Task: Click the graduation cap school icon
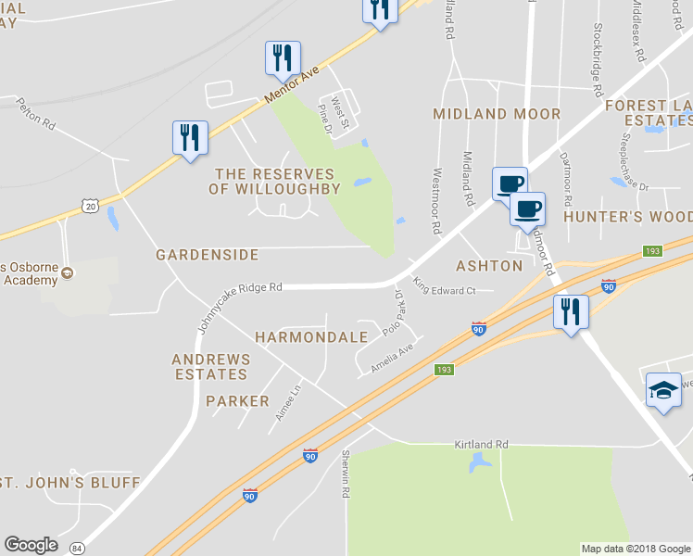click(x=663, y=389)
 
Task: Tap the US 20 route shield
click(x=90, y=206)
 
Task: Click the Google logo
click(x=31, y=545)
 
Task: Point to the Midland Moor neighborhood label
click(x=497, y=114)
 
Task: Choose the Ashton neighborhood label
click(x=489, y=266)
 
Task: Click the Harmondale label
click(x=311, y=337)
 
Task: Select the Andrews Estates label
click(x=210, y=367)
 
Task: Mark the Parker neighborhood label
click(x=237, y=401)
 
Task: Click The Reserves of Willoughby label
click(x=274, y=181)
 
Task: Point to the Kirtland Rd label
click(x=482, y=445)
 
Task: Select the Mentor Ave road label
click(x=291, y=84)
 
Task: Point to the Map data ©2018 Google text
click(x=635, y=549)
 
